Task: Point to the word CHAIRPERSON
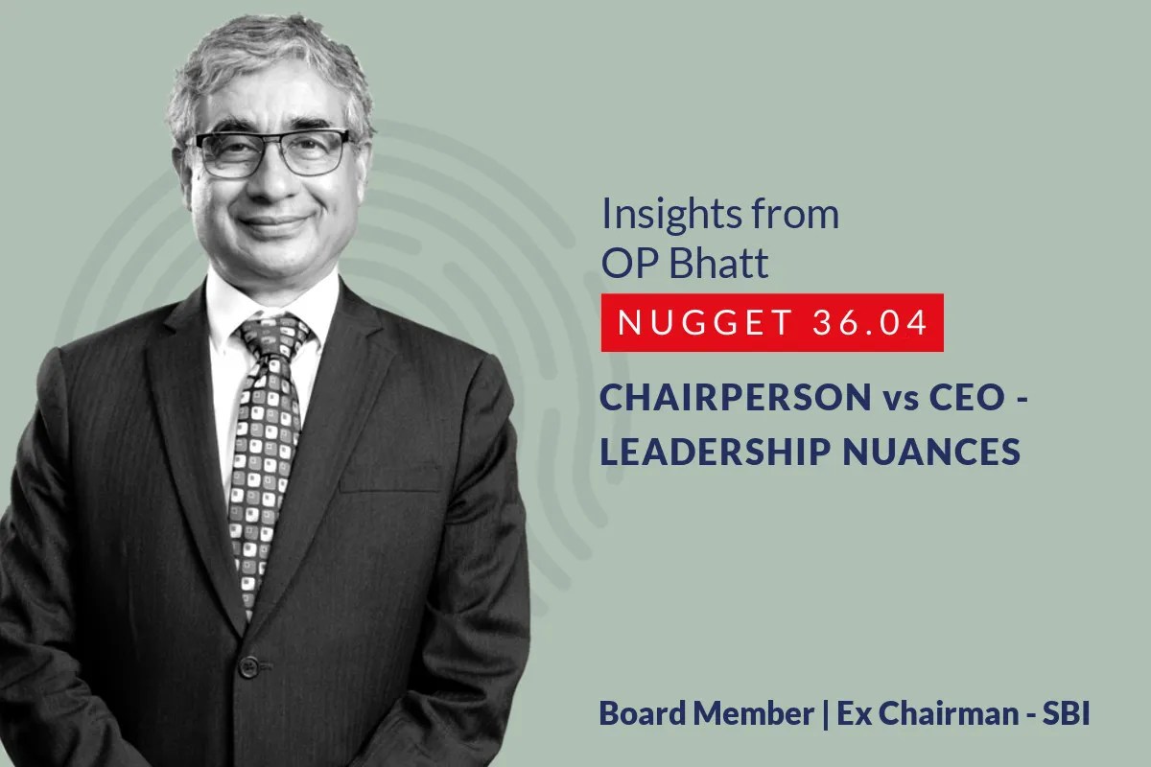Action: click(x=729, y=399)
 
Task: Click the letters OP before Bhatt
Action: click(x=624, y=263)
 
